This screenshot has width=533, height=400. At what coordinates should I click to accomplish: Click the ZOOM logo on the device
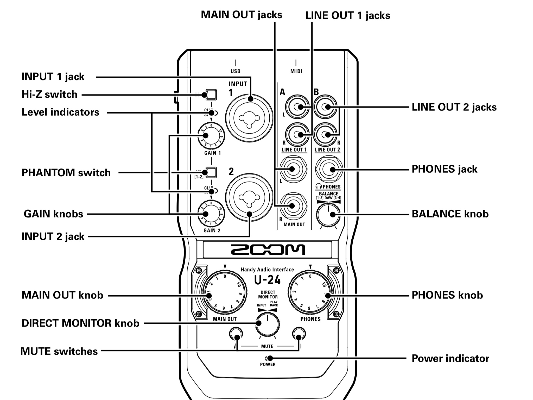click(268, 249)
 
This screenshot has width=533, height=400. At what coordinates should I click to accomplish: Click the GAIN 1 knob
click(211, 136)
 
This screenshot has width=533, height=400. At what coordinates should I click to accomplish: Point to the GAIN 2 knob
click(211, 214)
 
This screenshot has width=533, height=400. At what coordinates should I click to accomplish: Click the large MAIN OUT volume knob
click(225, 292)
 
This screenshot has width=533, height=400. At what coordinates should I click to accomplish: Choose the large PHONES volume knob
click(310, 292)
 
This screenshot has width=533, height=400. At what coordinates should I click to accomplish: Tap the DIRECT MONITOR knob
click(268, 324)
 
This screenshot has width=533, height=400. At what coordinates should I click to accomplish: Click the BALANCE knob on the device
click(328, 215)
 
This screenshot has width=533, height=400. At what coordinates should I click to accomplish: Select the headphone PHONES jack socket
click(329, 170)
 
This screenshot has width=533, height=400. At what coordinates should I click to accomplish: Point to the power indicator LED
click(268, 358)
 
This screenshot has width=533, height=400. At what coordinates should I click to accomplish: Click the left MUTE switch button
click(236, 334)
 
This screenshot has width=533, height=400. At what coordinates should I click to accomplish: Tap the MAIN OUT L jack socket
click(293, 169)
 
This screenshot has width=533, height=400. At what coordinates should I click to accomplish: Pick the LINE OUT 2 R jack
click(325, 135)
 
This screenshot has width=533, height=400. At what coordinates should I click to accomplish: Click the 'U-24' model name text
click(268, 280)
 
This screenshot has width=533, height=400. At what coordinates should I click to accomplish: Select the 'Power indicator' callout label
click(450, 359)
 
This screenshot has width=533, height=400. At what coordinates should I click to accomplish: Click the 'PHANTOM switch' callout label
click(66, 173)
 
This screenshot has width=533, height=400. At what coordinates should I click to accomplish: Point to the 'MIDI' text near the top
click(296, 71)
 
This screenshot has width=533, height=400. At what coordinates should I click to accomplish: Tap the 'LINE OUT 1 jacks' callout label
click(348, 16)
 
